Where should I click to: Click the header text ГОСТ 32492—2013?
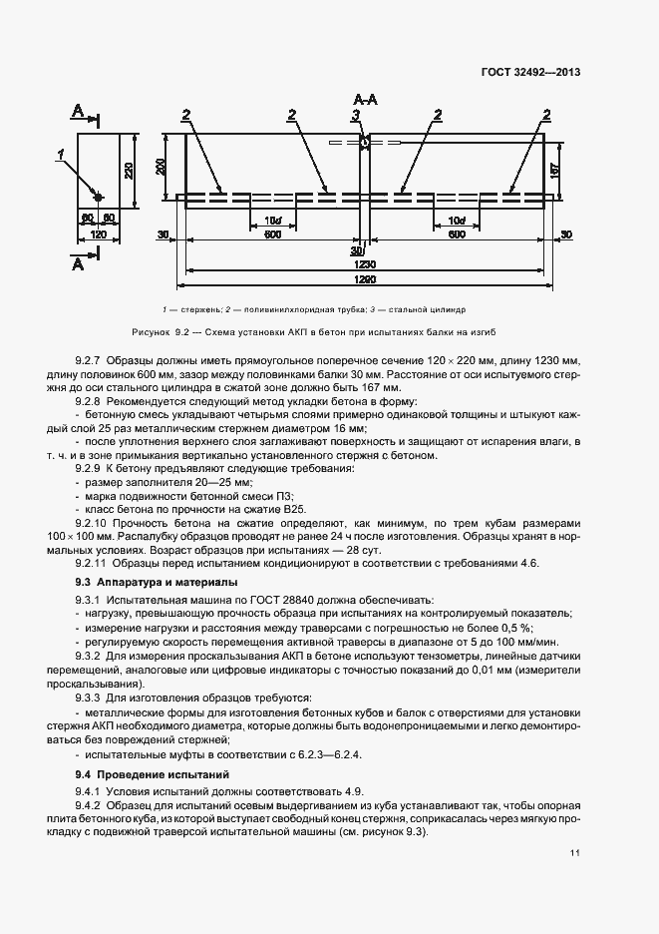[531, 72]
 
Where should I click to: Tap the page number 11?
[575, 852]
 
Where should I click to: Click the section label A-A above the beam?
[365, 100]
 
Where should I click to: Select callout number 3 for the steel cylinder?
[354, 117]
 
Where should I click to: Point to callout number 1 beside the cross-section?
[62, 155]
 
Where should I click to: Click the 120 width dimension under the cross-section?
[99, 233]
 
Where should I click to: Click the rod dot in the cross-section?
[97, 194]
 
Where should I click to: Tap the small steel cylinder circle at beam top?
[366, 143]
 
